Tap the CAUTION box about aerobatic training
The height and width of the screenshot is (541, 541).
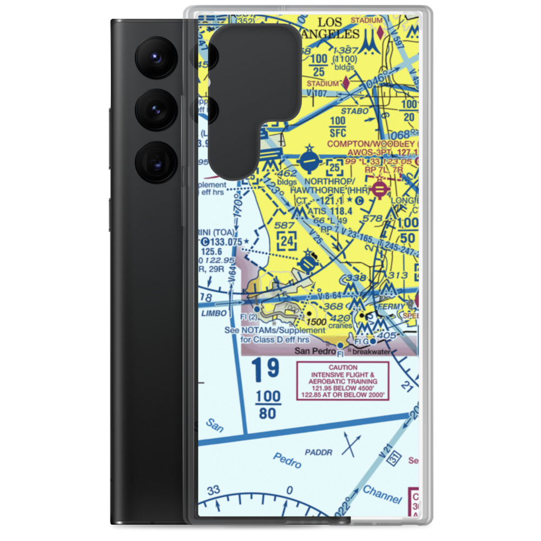[342, 381]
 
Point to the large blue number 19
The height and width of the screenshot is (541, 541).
[265, 370]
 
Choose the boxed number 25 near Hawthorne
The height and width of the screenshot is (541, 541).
[335, 166]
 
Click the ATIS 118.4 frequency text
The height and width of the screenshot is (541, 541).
[329, 211]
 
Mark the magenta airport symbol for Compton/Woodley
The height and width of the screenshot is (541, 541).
[380, 188]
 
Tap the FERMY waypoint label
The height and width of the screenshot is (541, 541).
[392, 307]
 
